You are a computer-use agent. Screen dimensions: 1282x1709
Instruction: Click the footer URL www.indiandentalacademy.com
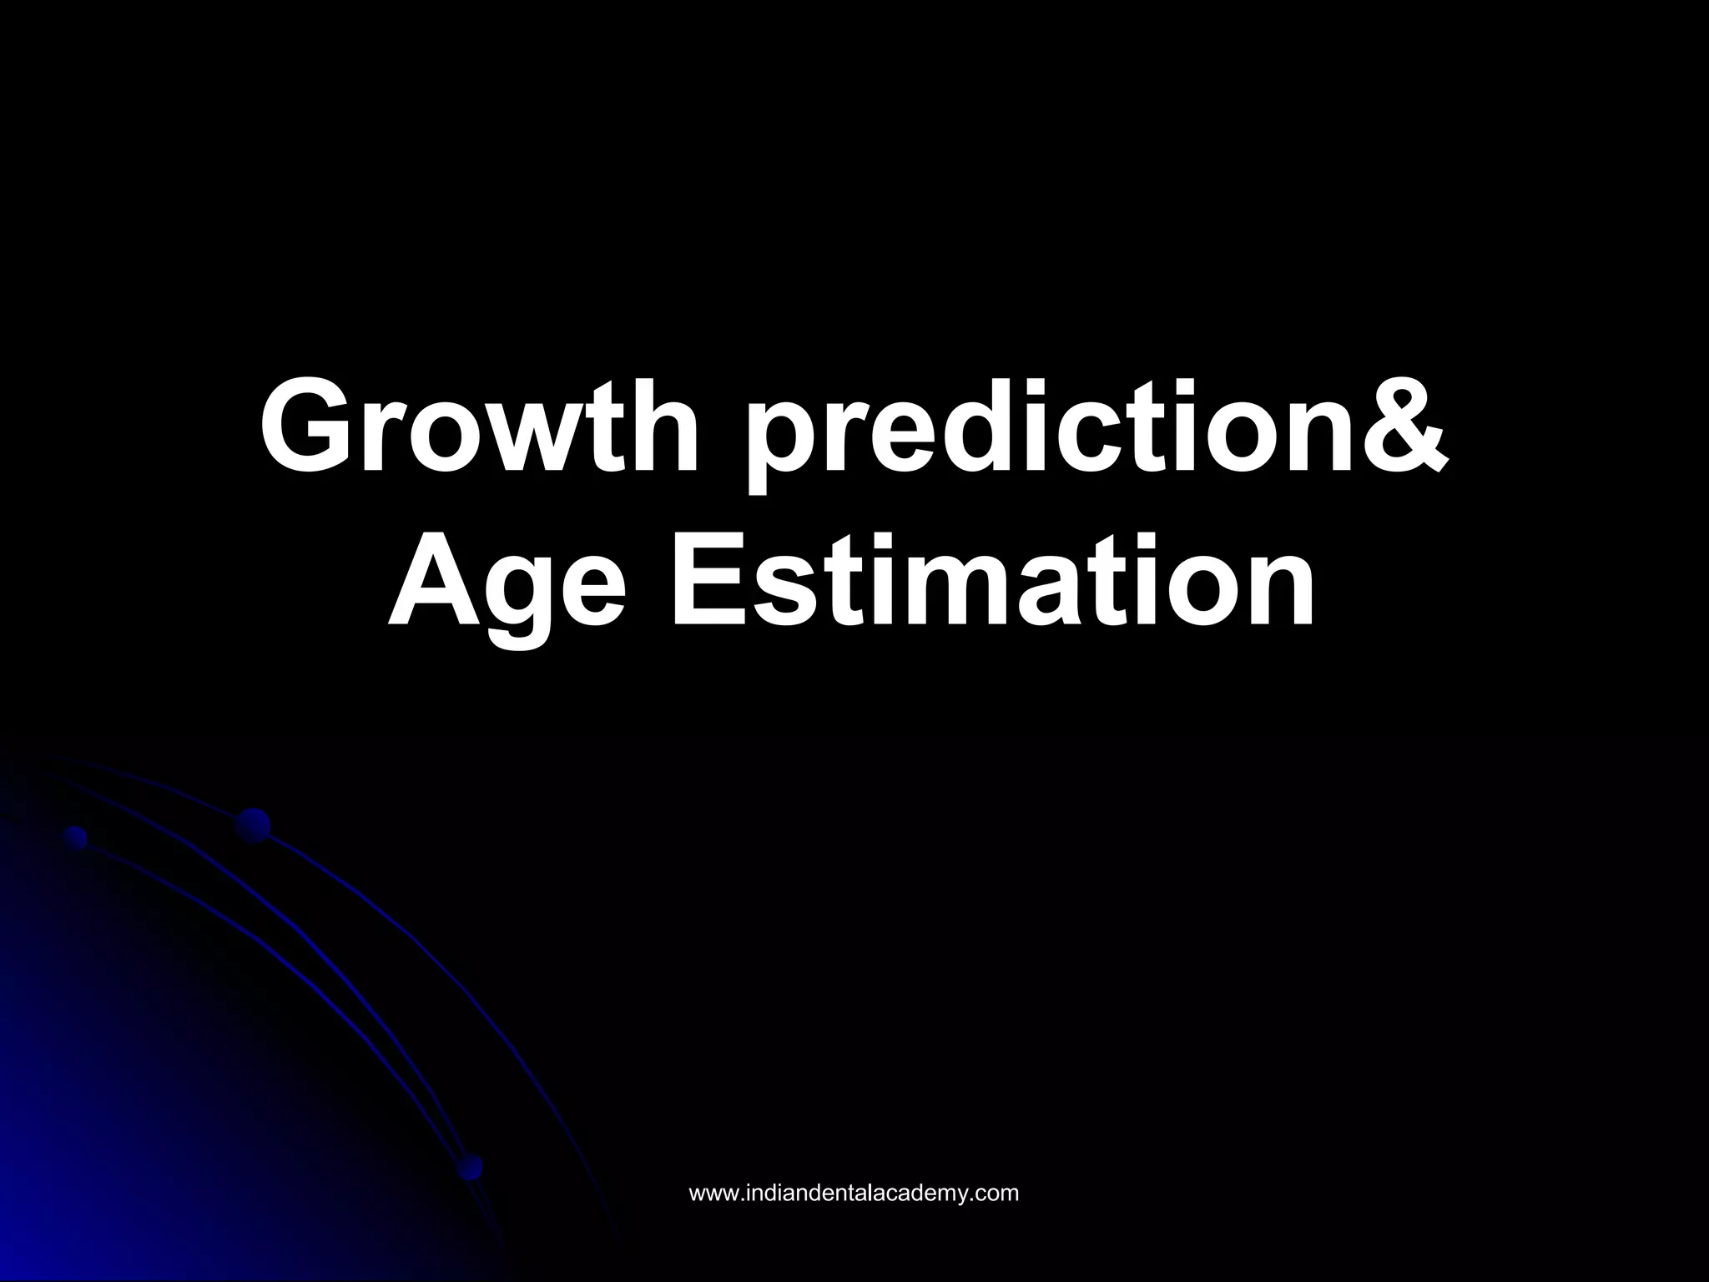[x=854, y=1193]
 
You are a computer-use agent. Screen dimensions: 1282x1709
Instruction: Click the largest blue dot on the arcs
[x=253, y=825]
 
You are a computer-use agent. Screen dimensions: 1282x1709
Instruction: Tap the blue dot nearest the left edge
[x=76, y=837]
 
